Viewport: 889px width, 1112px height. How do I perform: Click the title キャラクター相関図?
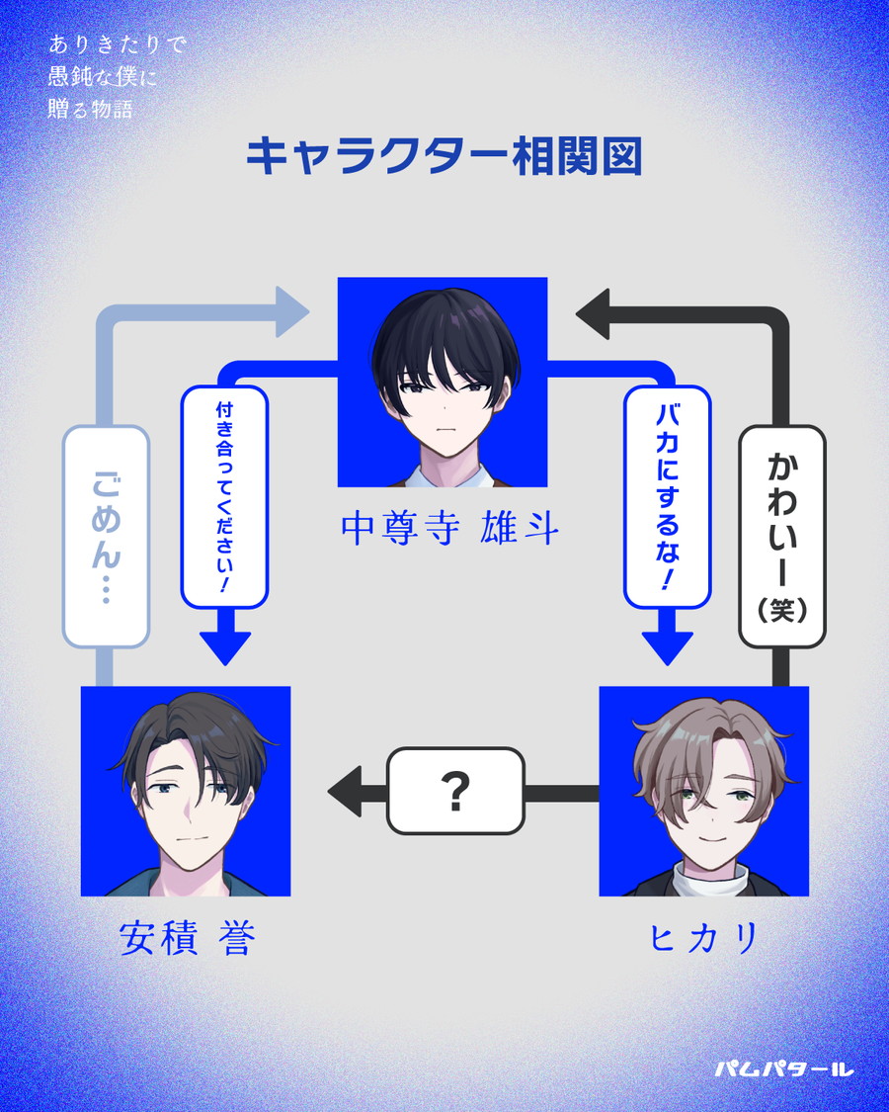(444, 157)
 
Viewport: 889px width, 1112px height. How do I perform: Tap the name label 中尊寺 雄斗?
(449, 530)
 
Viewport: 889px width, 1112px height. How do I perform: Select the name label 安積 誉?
(187, 939)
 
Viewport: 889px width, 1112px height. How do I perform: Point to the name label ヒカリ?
(702, 939)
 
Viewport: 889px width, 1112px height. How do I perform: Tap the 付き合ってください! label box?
(224, 496)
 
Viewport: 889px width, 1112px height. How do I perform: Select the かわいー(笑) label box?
(781, 536)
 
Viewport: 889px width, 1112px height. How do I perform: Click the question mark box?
(454, 791)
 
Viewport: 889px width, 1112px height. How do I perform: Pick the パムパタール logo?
(782, 1069)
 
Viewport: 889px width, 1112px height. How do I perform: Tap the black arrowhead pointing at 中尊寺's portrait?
(596, 313)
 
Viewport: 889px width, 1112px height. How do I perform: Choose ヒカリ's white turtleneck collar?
(703, 875)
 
